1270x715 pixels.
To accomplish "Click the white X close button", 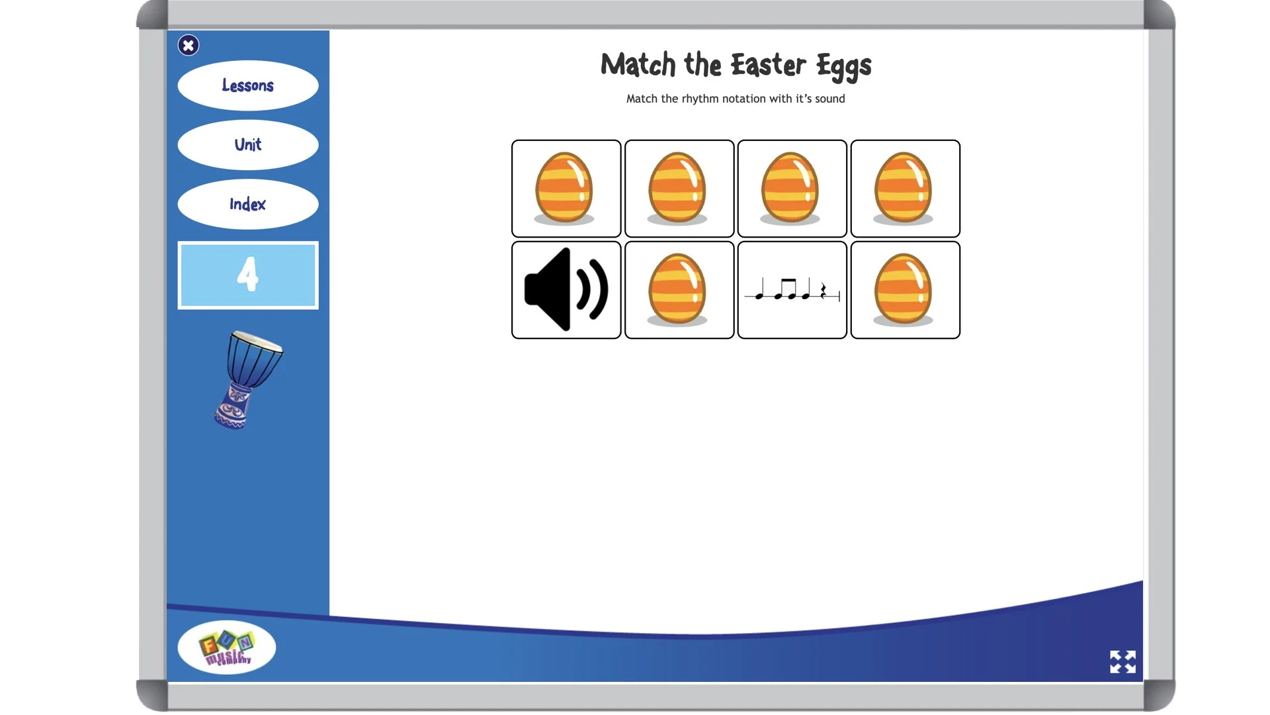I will click(x=189, y=45).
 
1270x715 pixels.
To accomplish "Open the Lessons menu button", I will click(x=248, y=85).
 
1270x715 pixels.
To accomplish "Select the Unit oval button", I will click(x=248, y=144).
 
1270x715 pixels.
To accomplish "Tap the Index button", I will click(x=248, y=204).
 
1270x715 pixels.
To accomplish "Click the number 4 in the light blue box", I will click(x=248, y=275).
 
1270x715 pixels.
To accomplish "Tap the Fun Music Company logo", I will click(x=227, y=647).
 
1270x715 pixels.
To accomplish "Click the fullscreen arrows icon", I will click(x=1122, y=661).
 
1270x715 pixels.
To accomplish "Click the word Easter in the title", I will click(x=768, y=65).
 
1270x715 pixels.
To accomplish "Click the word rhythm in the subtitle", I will click(x=700, y=99).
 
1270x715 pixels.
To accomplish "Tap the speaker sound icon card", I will click(x=566, y=290).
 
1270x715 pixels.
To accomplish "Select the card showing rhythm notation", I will click(x=792, y=290).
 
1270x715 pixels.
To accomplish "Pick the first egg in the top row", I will click(x=564, y=188).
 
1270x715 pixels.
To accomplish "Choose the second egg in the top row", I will click(x=677, y=188).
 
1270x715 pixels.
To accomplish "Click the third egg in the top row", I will click(x=790, y=188).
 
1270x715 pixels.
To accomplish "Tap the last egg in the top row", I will click(x=904, y=188).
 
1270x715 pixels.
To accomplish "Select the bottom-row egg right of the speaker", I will click(x=677, y=290).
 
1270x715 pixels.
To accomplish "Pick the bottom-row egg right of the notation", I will click(x=904, y=290).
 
